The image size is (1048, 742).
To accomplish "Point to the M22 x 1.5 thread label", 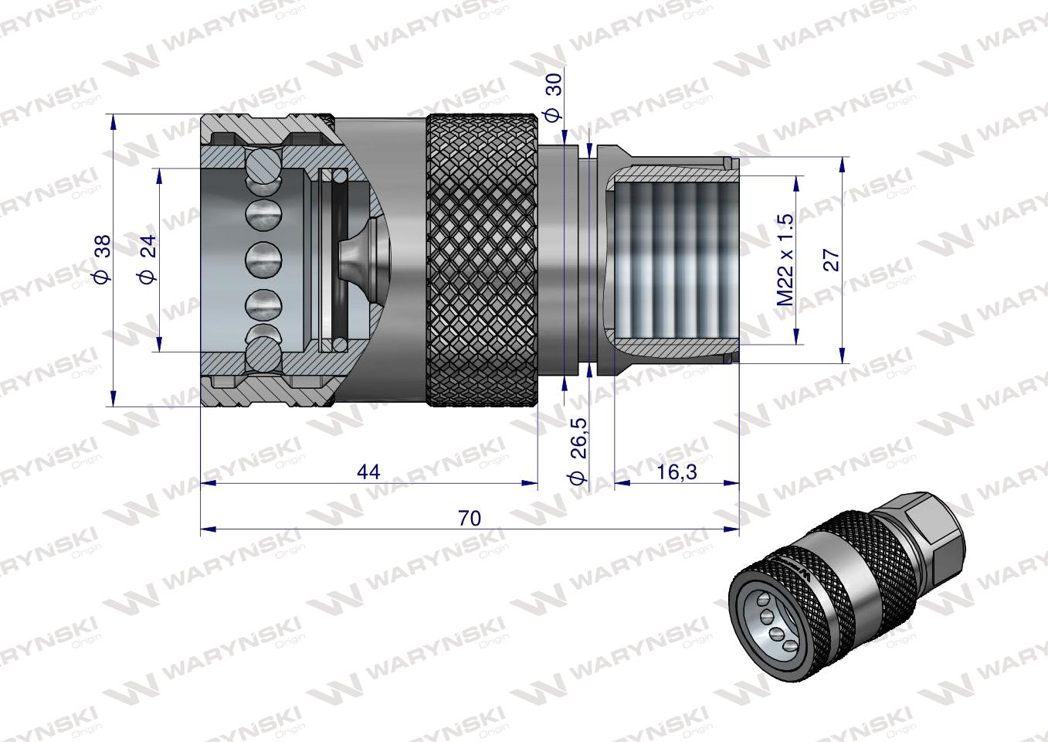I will (785, 259).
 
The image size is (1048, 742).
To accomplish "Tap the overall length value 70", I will (469, 519).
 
